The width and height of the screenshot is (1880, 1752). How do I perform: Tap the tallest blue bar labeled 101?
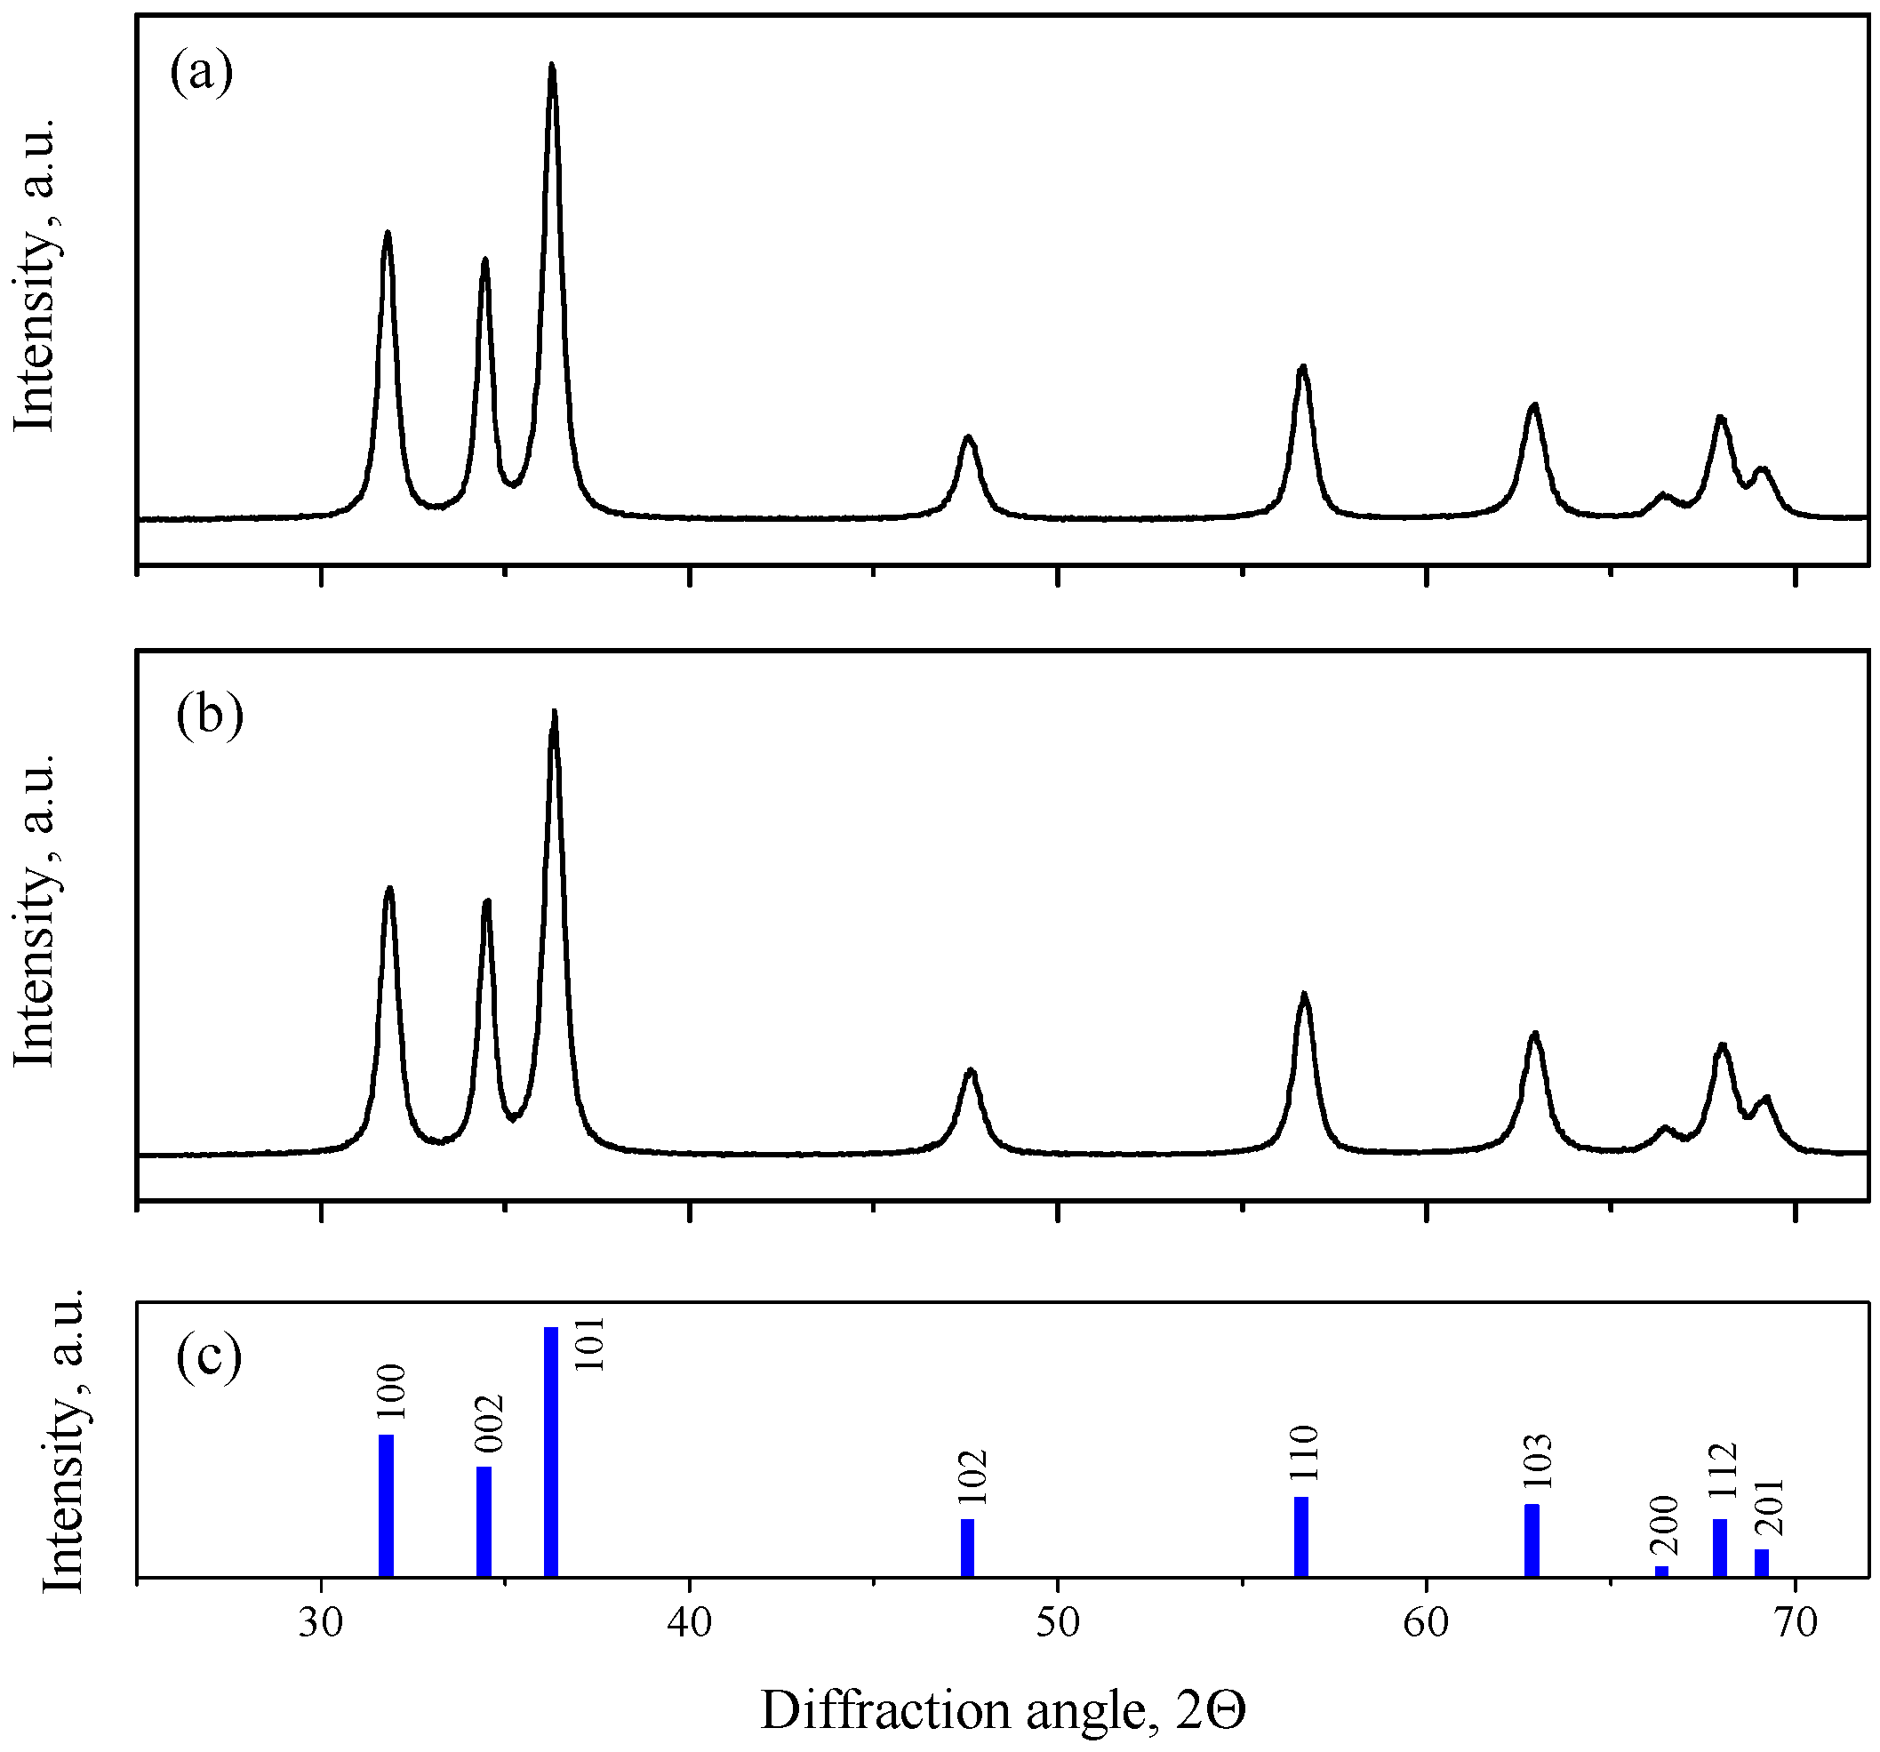pyautogui.click(x=551, y=1452)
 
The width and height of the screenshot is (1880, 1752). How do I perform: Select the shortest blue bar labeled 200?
pyautogui.click(x=1661, y=1572)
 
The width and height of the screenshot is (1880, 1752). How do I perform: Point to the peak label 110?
pyautogui.click(x=1302, y=1453)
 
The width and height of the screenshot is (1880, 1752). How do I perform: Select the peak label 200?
pyautogui.click(x=1663, y=1524)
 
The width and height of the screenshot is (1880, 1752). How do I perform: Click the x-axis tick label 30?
pyautogui.click(x=322, y=1622)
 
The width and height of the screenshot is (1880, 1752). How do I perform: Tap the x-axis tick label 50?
pyautogui.click(x=1057, y=1622)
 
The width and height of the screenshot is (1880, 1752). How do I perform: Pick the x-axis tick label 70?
pyautogui.click(x=1794, y=1622)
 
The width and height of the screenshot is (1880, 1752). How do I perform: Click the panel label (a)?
pyautogui.click(x=202, y=73)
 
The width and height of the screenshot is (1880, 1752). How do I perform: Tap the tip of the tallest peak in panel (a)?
pyautogui.click(x=552, y=65)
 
